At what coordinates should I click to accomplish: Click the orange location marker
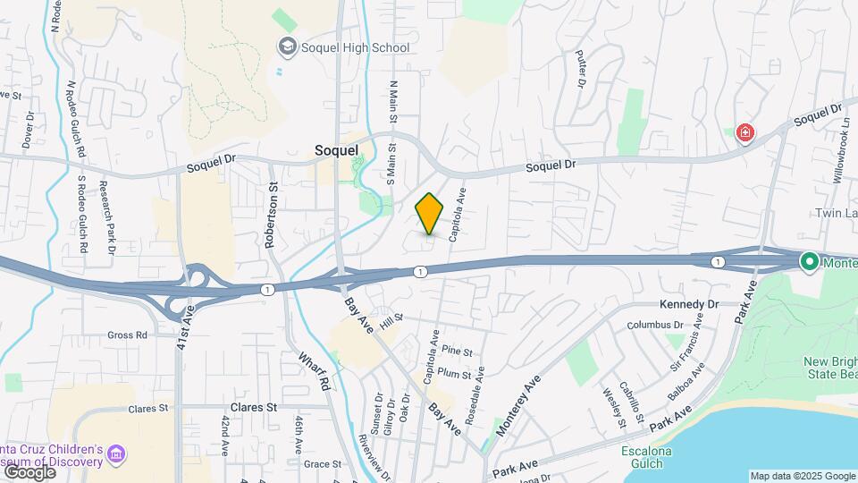coord(430,214)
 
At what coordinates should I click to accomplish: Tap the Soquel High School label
coord(356,47)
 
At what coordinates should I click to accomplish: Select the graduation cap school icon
coord(288,46)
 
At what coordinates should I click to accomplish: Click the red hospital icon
coord(744,134)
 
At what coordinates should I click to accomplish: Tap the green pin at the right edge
coord(811,262)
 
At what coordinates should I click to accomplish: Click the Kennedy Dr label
coord(689,304)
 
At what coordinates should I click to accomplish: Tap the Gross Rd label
coord(127,335)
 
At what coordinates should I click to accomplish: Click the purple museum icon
coord(115,454)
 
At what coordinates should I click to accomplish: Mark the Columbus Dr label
coord(654,325)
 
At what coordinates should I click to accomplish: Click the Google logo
coord(29,471)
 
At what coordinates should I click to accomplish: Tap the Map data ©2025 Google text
coord(802,476)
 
